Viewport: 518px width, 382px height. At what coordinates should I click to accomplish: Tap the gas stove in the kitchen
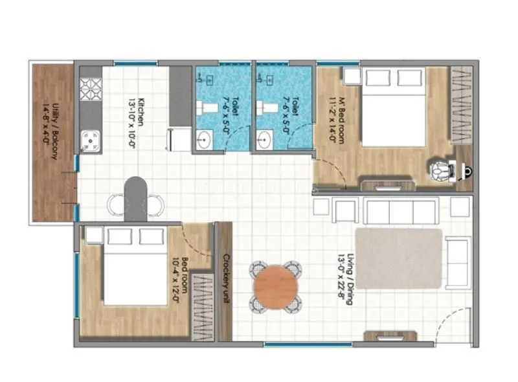click(x=89, y=88)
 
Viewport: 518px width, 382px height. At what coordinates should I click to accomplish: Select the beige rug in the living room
click(x=398, y=258)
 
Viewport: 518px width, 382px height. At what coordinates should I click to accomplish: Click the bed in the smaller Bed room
click(x=135, y=265)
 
